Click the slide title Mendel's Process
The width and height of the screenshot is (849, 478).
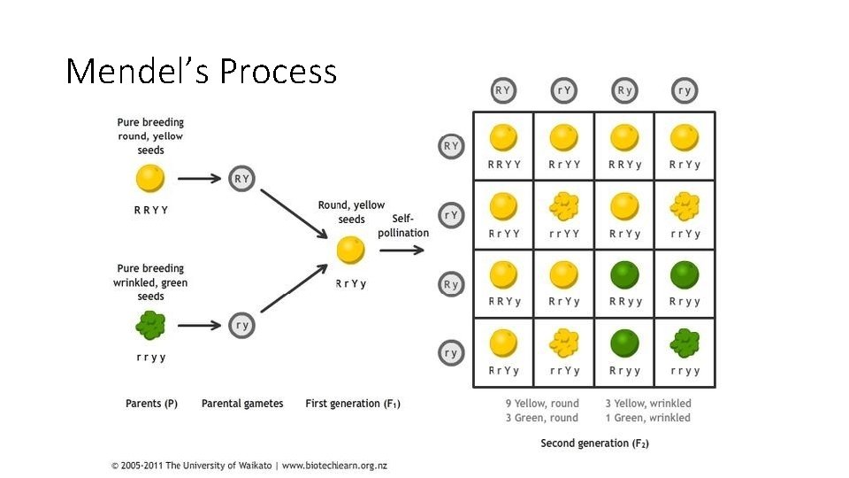click(202, 71)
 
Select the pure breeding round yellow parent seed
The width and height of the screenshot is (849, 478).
click(150, 178)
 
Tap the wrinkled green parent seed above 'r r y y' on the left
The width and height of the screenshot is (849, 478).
click(150, 325)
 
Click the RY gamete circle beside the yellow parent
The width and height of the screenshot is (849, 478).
click(241, 178)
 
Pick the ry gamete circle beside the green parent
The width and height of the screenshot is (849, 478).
click(241, 325)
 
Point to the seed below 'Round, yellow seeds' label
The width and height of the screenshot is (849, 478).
click(351, 250)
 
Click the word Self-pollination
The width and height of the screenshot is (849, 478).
click(403, 225)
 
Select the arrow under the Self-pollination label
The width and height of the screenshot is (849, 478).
click(402, 250)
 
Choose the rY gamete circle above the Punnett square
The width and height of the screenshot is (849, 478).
click(564, 89)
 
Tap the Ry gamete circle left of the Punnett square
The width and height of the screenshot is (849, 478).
click(451, 284)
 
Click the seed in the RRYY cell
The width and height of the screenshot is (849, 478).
click(503, 137)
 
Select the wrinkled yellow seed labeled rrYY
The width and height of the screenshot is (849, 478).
click(563, 206)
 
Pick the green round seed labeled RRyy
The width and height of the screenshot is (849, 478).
click(624, 274)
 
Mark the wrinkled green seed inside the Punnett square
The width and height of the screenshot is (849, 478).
click(685, 343)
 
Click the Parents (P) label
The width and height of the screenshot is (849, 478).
click(151, 404)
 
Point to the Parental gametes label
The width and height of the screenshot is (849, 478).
click(242, 404)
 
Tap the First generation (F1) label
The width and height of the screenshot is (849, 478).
click(353, 404)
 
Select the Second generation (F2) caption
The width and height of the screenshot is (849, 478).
click(594, 443)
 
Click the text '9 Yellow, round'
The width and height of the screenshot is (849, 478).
click(542, 404)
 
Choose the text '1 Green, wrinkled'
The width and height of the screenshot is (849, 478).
click(647, 418)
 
